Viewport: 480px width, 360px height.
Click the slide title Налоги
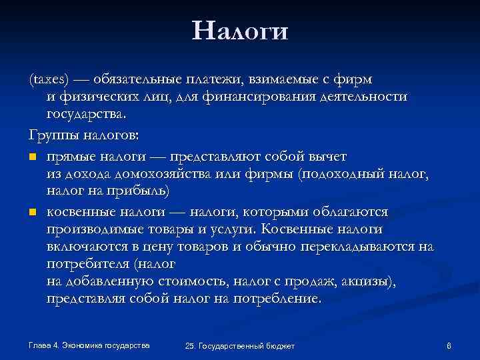point(239,31)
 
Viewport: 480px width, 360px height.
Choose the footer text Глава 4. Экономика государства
point(89,345)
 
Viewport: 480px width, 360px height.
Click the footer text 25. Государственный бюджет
point(239,346)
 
